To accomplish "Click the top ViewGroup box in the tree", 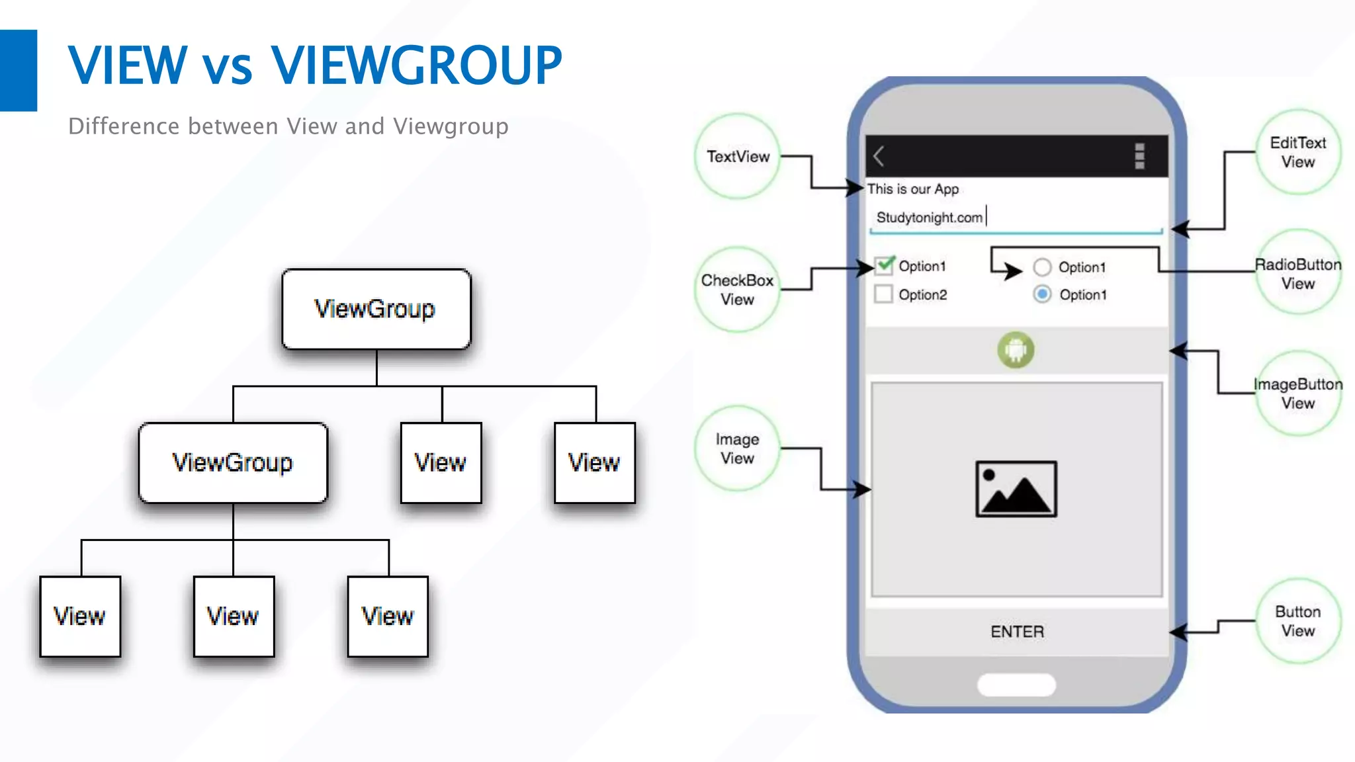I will [x=376, y=309].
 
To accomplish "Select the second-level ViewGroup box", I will [x=233, y=462].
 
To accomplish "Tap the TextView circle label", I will [x=738, y=156].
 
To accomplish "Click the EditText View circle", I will [x=1297, y=152].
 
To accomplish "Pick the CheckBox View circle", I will [x=737, y=290].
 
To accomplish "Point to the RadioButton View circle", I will [x=1297, y=273].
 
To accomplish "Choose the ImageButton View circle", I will [x=1297, y=393].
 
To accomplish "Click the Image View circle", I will [x=737, y=448].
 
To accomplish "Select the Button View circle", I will [x=1297, y=620].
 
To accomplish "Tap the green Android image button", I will [x=1016, y=350].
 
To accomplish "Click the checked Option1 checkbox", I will [x=884, y=266].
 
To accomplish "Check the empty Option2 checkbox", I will [x=883, y=294].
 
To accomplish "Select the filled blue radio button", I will [x=1042, y=294].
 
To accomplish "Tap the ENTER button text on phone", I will [x=1017, y=632].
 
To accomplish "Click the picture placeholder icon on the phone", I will [x=1016, y=489].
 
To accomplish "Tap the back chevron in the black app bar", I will [x=879, y=156].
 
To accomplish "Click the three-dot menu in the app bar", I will [x=1139, y=156].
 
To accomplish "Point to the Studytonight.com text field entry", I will [x=929, y=218].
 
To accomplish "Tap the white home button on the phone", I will [x=1016, y=685].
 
